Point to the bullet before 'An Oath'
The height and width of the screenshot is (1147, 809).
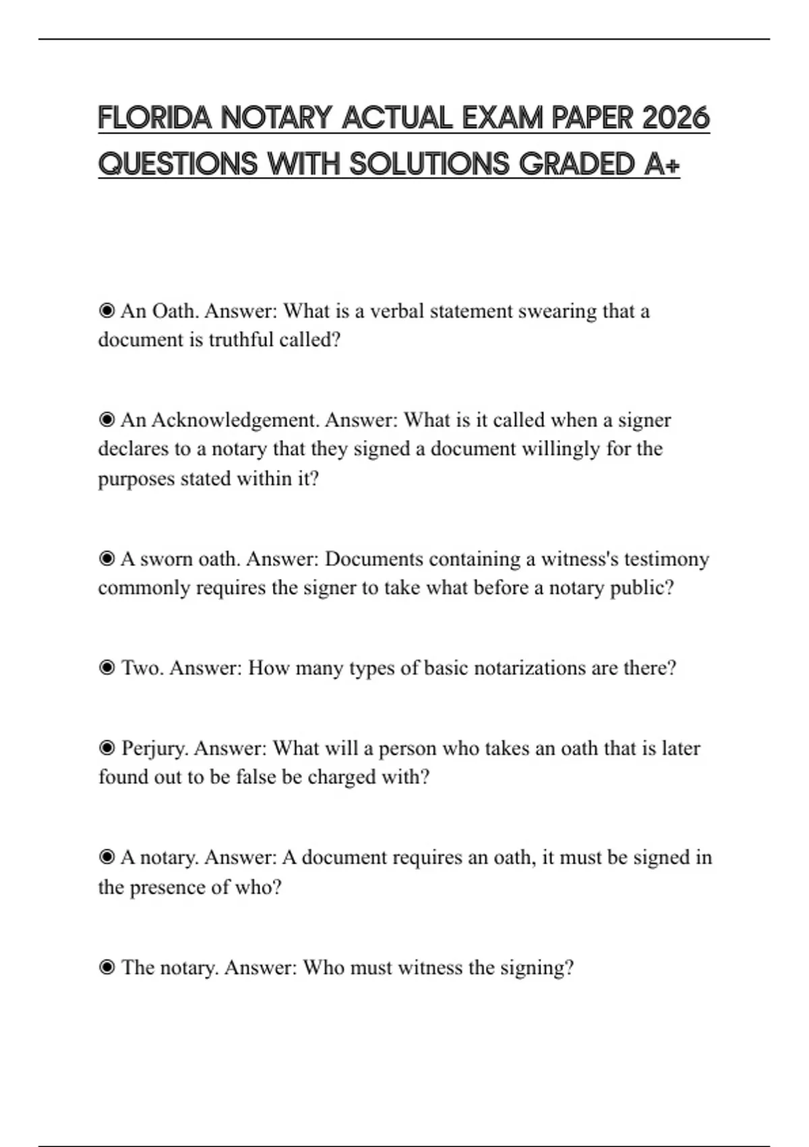107,311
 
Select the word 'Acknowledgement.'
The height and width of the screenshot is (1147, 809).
235,420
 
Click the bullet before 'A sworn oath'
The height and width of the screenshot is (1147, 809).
107,559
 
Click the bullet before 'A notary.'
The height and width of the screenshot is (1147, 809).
107,858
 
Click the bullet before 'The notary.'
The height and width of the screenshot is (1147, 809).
107,968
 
